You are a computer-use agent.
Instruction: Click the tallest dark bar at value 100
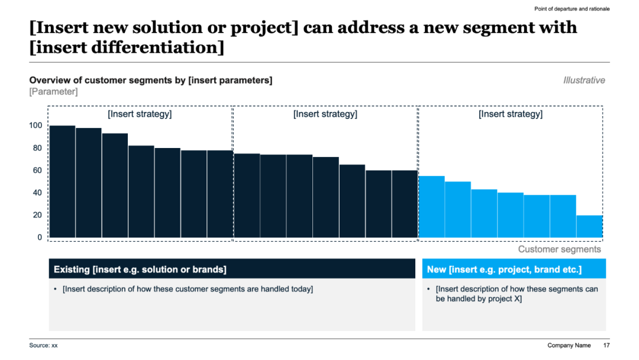[62, 181]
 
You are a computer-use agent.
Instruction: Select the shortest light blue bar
[589, 226]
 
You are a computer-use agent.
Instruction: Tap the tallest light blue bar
[431, 207]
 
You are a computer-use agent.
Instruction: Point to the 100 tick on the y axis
[35, 126]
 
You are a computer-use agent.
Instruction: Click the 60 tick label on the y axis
[37, 171]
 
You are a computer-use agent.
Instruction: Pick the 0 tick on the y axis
[40, 237]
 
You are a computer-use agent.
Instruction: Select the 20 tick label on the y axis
[37, 215]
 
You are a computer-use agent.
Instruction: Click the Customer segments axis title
[559, 249]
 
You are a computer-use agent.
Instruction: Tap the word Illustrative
[584, 81]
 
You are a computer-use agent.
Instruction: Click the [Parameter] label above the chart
[53, 92]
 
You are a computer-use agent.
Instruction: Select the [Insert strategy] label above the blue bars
[511, 114]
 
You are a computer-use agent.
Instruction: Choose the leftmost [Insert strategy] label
[140, 114]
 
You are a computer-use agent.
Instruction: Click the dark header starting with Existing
[232, 269]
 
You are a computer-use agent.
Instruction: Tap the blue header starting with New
[514, 269]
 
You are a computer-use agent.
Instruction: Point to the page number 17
[606, 345]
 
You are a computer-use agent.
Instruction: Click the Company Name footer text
[569, 345]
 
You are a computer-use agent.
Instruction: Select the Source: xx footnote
[43, 345]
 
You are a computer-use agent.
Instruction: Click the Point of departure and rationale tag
[572, 9]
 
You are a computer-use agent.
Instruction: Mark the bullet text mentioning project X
[517, 294]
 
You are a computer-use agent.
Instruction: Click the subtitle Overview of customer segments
[151, 81]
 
